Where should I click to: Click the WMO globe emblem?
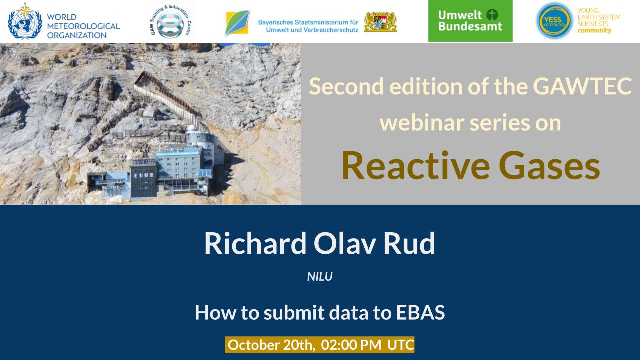(x=25, y=21)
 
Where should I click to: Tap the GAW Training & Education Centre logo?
(x=171, y=21)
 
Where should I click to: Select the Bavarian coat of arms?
(x=380, y=22)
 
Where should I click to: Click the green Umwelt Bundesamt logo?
(x=470, y=21)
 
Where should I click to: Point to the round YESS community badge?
(x=554, y=21)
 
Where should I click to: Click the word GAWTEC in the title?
(x=582, y=86)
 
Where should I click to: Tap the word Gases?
(x=549, y=166)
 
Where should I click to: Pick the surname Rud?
(x=409, y=243)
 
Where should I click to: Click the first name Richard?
(x=255, y=243)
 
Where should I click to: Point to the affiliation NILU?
(x=320, y=277)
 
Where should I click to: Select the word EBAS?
(x=420, y=312)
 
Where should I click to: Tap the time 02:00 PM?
(x=351, y=345)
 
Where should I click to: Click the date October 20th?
(x=271, y=345)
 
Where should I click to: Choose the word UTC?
(x=401, y=345)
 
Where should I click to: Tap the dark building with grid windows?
(x=143, y=180)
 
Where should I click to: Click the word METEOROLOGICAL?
(x=83, y=26)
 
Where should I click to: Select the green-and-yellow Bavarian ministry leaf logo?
(x=237, y=23)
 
